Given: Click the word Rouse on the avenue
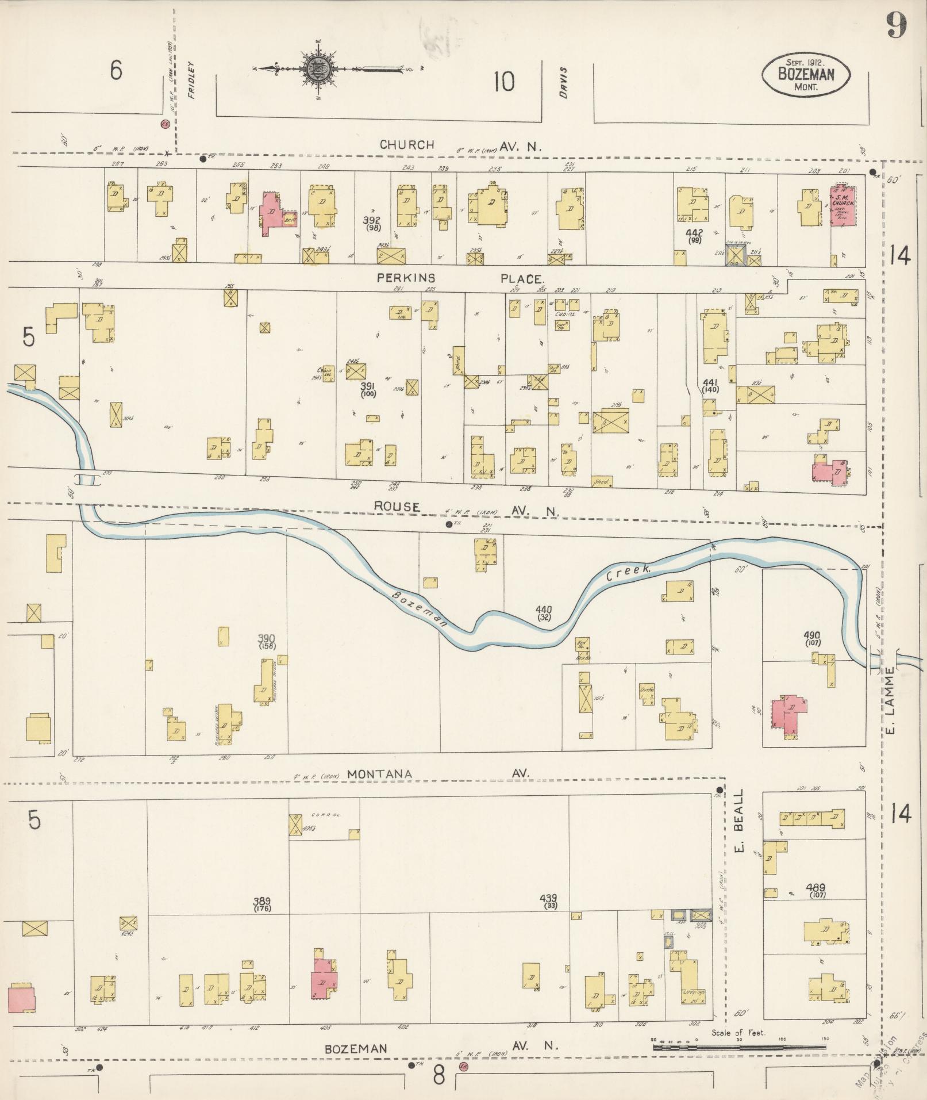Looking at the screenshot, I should (397, 507).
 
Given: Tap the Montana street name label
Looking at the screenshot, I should (379, 774).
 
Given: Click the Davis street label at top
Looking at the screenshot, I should (564, 83).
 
